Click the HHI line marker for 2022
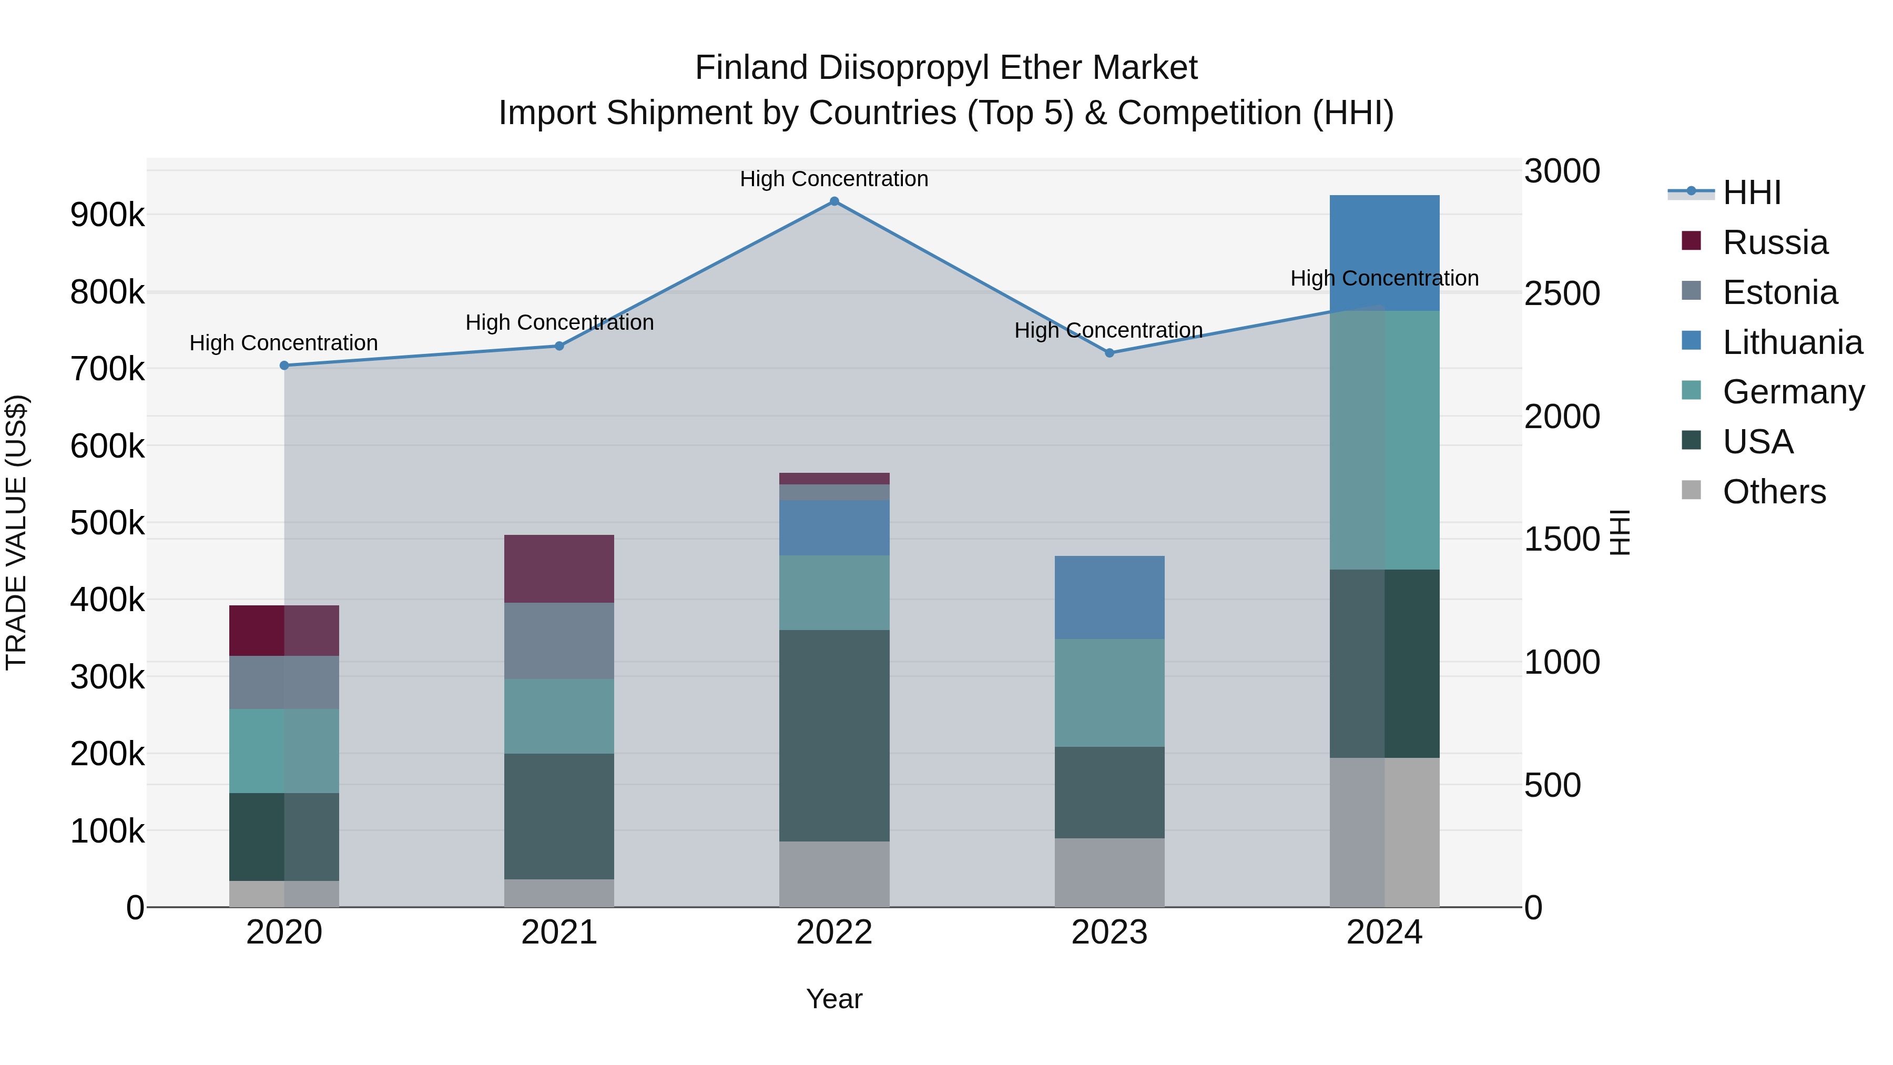click(834, 201)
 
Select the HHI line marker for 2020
click(284, 366)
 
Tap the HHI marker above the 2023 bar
click(1110, 353)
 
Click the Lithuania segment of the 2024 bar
click(1385, 253)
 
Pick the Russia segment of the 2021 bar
click(559, 569)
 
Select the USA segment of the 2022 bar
click(834, 735)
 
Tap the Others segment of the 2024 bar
click(1385, 832)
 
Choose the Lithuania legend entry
click(1792, 342)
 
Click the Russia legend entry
click(1775, 242)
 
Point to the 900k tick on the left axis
click(107, 215)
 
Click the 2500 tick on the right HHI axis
click(1562, 293)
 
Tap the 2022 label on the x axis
click(834, 932)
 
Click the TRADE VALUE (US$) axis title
click(16, 532)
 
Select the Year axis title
click(834, 999)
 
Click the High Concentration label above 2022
click(834, 179)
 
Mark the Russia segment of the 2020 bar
click(284, 631)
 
